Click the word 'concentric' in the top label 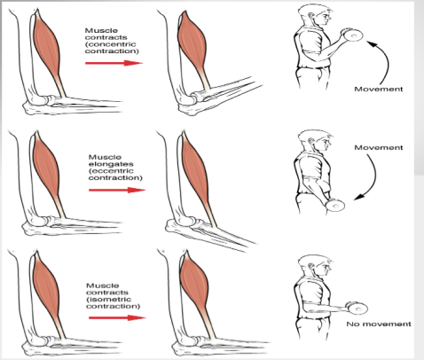pyautogui.click(x=113, y=44)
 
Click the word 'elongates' pyautogui.click(x=111, y=164)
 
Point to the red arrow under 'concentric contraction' pyautogui.click(x=114, y=63)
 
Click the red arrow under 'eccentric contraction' pyautogui.click(x=117, y=190)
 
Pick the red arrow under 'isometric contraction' pyautogui.click(x=117, y=317)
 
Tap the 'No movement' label pyautogui.click(x=379, y=324)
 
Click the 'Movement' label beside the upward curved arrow pyautogui.click(x=379, y=89)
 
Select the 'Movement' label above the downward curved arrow pyautogui.click(x=379, y=147)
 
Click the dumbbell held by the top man pyautogui.click(x=352, y=35)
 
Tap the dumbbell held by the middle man pyautogui.click(x=335, y=206)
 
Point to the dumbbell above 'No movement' pyautogui.click(x=357, y=309)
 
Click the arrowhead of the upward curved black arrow pyautogui.click(x=372, y=44)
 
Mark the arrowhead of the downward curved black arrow pyautogui.click(x=359, y=197)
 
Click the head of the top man pyautogui.click(x=314, y=17)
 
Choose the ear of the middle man pyautogui.click(x=310, y=141)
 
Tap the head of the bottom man pyautogui.click(x=314, y=267)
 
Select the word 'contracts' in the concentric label pyautogui.click(x=106, y=37)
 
